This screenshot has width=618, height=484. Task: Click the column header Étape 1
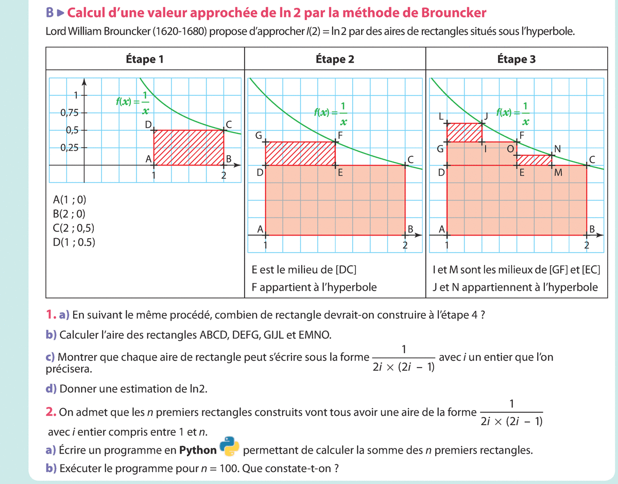point(145,59)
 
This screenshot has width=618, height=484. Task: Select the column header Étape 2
point(335,59)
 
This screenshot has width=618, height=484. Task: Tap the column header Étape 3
point(517,59)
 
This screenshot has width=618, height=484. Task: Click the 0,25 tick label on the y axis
point(69,148)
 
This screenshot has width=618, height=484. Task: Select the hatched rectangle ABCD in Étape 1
point(189,148)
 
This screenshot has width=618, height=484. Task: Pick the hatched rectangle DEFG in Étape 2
point(300,154)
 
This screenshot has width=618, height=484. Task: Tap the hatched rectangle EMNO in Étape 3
point(534,160)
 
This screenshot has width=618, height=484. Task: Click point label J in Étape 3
point(485,114)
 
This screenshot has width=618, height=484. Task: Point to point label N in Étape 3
point(557,149)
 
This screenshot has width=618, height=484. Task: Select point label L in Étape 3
point(441,116)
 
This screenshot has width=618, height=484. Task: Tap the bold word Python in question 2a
point(198,450)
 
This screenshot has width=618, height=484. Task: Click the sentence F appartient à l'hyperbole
point(314,287)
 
